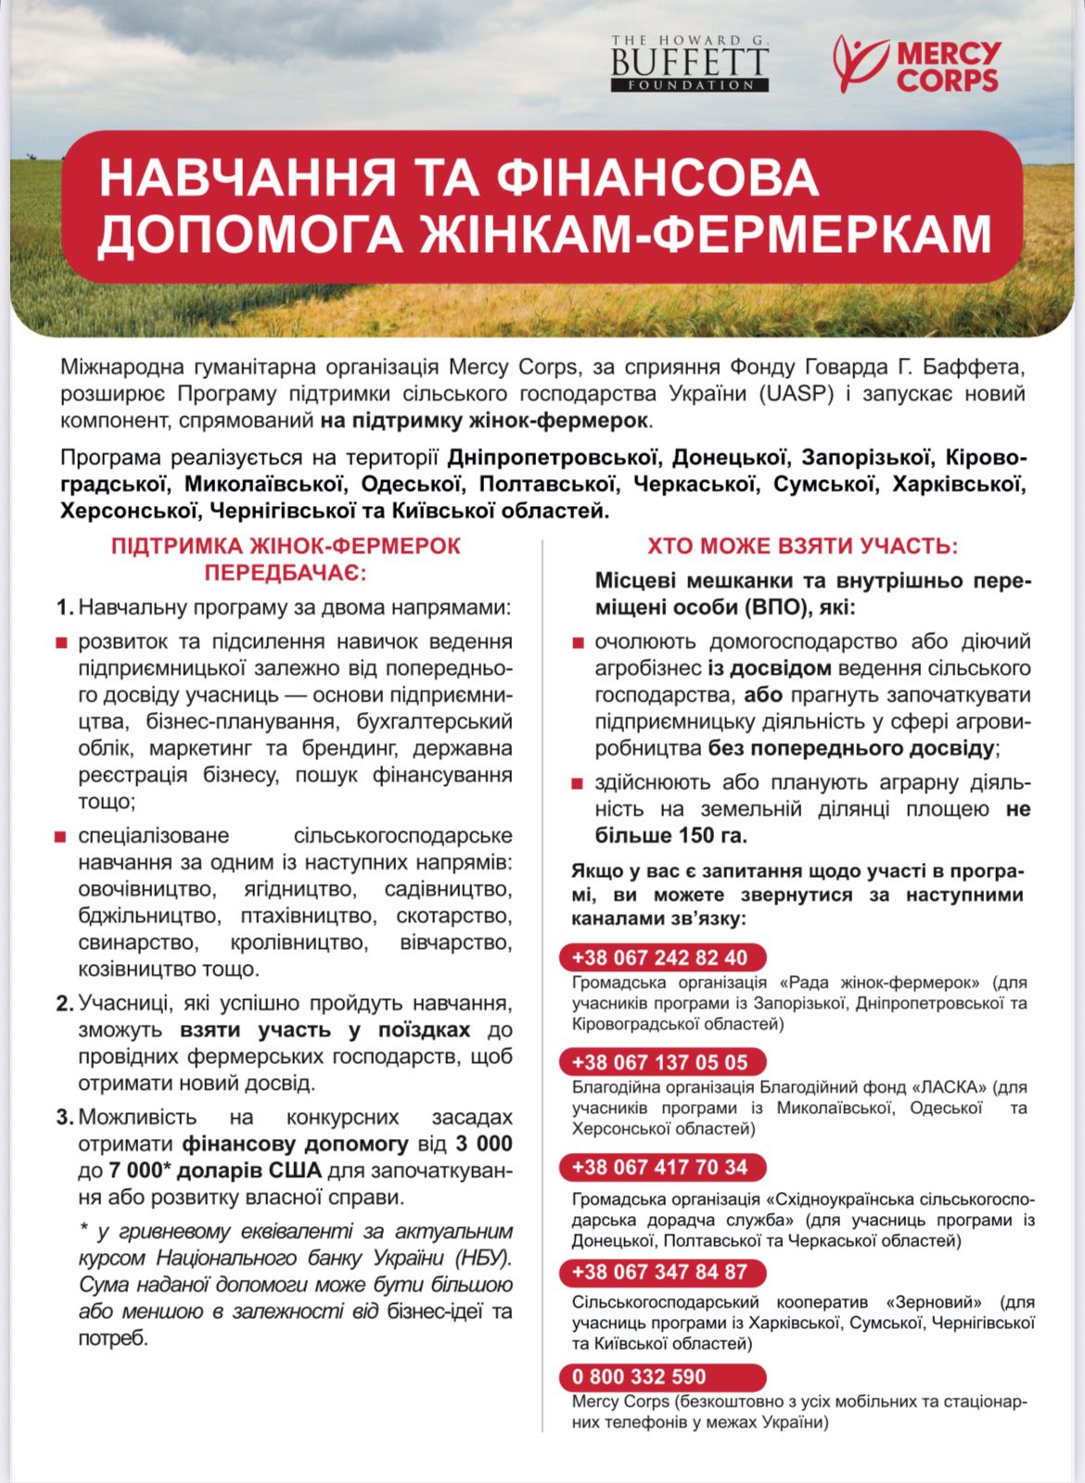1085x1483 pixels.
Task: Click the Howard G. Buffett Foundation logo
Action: click(689, 63)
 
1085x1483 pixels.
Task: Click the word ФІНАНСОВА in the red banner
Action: click(657, 177)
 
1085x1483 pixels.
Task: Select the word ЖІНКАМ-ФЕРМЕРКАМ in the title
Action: click(706, 234)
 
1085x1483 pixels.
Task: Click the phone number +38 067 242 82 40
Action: click(659, 957)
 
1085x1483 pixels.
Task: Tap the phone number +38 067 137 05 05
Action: click(659, 1062)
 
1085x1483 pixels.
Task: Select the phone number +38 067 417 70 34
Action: click(659, 1167)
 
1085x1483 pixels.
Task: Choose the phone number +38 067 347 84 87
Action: click(659, 1272)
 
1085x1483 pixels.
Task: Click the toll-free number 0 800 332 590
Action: click(639, 1376)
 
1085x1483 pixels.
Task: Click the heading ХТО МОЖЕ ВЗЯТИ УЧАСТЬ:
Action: click(802, 546)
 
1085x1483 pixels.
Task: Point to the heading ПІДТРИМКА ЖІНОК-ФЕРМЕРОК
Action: click(286, 546)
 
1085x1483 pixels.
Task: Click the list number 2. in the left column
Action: click(64, 1004)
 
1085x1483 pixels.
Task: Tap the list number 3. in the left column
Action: click(64, 1118)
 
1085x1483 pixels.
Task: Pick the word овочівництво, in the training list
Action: click(147, 890)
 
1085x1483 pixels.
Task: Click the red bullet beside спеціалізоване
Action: click(60, 837)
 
